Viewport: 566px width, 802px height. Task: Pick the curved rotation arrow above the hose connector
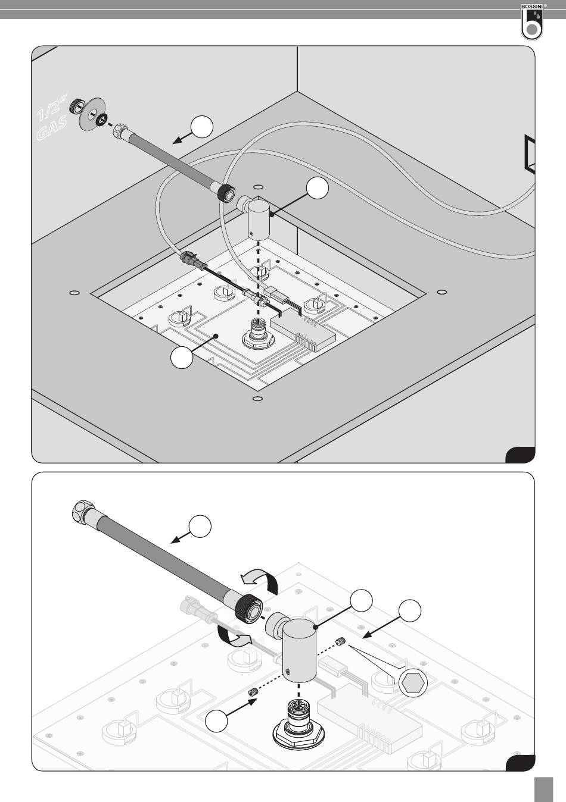(x=259, y=578)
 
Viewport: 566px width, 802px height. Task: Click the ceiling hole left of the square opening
(x=74, y=293)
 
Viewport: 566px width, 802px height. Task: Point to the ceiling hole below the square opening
(x=257, y=398)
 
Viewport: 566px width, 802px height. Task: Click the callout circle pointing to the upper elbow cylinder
(x=318, y=189)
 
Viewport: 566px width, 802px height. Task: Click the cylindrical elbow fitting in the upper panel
(x=260, y=220)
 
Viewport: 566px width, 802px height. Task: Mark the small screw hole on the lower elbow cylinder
(x=288, y=671)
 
